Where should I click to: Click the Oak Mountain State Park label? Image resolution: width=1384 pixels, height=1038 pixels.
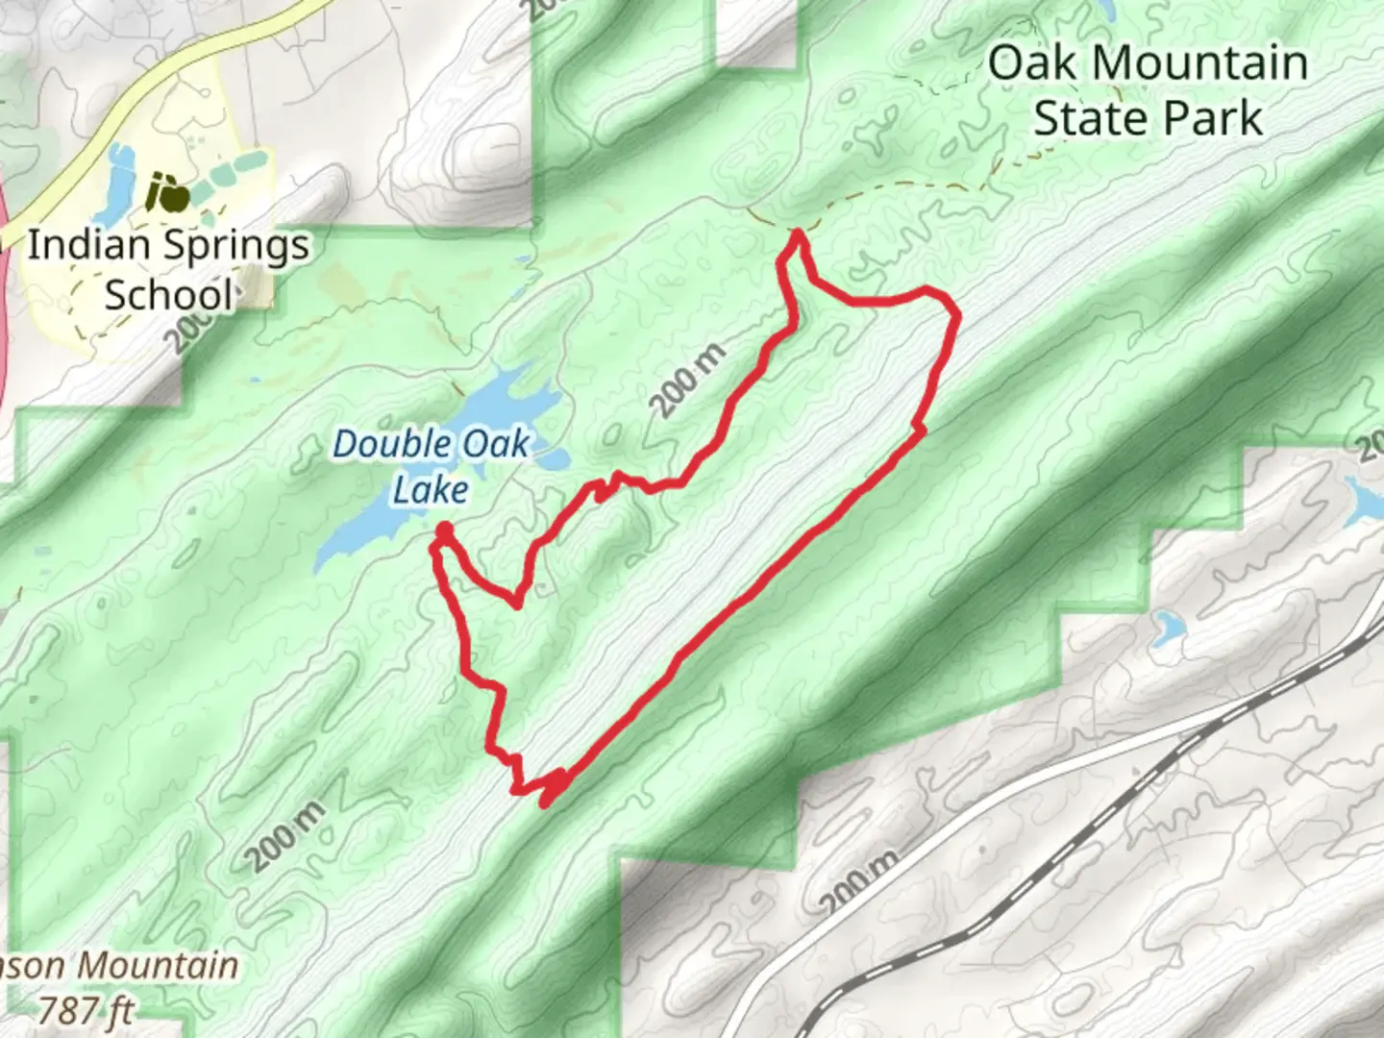click(x=1148, y=90)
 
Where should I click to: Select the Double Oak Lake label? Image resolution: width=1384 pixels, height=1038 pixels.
click(x=431, y=466)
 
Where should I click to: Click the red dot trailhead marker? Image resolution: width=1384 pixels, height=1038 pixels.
click(x=444, y=530)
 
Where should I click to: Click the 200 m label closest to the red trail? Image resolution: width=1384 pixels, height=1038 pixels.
click(x=688, y=380)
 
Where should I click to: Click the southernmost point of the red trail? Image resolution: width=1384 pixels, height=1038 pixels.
click(x=545, y=803)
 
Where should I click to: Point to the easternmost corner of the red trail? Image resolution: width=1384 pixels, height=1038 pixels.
click(x=956, y=313)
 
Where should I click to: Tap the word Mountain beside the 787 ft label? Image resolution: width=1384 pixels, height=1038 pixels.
click(x=169, y=966)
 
